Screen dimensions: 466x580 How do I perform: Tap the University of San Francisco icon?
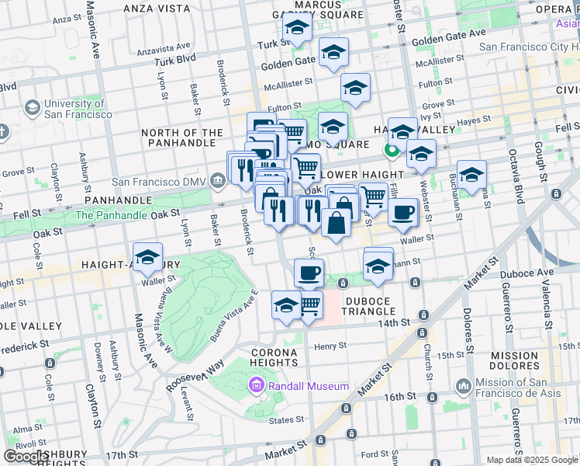pos(33,107)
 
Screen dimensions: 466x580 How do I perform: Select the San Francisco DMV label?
pos(161,183)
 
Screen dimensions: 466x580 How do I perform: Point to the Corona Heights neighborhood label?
pos(274,358)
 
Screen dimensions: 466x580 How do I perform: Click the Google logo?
pos(25,457)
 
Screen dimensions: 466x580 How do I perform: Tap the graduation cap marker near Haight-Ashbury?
pos(147,256)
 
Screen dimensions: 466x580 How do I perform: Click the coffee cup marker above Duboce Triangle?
pos(309,273)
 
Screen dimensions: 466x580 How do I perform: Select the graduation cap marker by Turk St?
pos(296,29)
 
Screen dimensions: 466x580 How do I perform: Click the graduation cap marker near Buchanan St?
pos(471,174)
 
